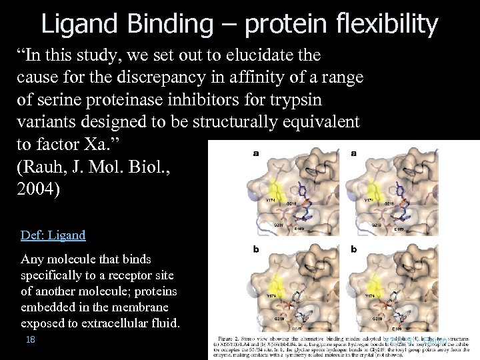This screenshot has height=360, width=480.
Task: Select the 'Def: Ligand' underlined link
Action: pyautogui.click(x=53, y=235)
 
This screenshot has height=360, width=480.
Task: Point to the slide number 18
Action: pyautogui.click(x=30, y=339)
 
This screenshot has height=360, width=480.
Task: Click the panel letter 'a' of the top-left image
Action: pyautogui.click(x=256, y=153)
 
